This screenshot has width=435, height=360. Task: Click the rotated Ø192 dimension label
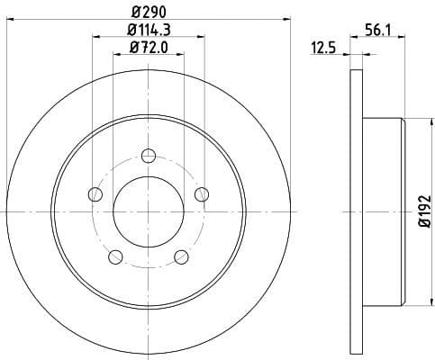point(423,211)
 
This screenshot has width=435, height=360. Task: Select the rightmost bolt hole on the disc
point(202,193)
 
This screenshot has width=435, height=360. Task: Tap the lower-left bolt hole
point(115,256)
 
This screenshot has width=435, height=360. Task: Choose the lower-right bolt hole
point(181,256)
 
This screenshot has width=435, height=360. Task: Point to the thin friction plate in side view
point(354,211)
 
